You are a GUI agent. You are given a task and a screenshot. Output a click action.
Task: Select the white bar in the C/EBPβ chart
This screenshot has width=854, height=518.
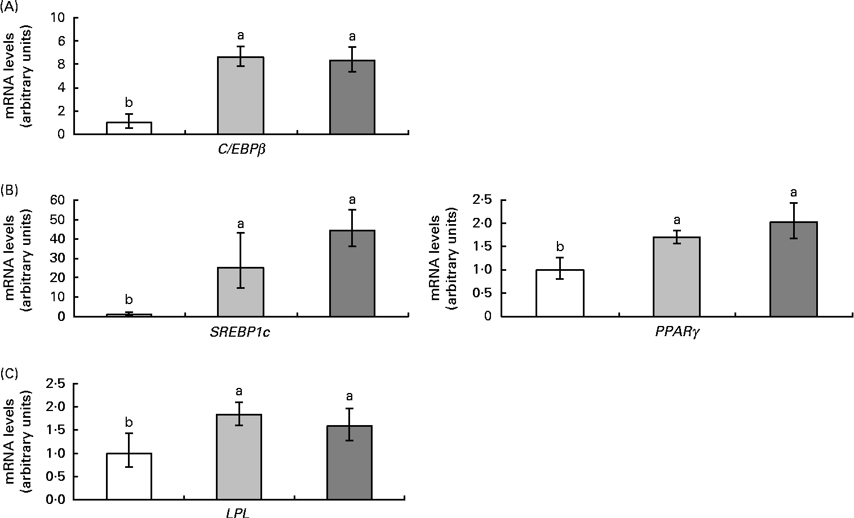coord(129,128)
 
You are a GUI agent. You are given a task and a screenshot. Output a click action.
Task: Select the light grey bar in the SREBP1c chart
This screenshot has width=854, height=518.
coord(241,292)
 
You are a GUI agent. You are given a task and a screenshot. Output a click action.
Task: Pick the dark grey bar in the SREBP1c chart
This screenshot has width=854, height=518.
coord(352,273)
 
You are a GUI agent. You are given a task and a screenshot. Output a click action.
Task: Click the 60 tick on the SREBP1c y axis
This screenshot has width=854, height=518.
coord(56,200)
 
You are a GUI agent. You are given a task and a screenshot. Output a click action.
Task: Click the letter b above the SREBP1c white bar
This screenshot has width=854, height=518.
coord(129,298)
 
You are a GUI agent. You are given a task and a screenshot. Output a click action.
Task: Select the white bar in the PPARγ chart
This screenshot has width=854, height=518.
coord(560,293)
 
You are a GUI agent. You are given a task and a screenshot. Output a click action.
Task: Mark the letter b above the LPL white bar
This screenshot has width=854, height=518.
coord(129,422)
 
